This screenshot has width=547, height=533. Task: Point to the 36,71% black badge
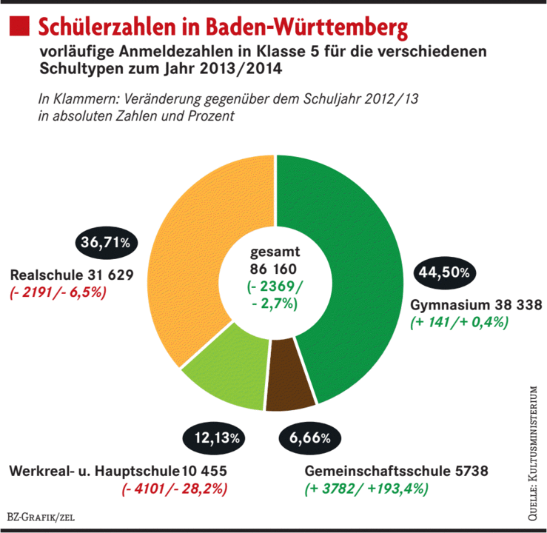click(x=104, y=242)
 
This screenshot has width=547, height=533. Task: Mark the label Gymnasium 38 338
click(x=476, y=304)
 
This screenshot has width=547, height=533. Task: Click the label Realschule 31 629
click(x=71, y=275)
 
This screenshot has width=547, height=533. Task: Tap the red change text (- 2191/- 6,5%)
click(x=59, y=292)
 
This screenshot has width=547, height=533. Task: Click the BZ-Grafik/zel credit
click(x=41, y=517)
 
